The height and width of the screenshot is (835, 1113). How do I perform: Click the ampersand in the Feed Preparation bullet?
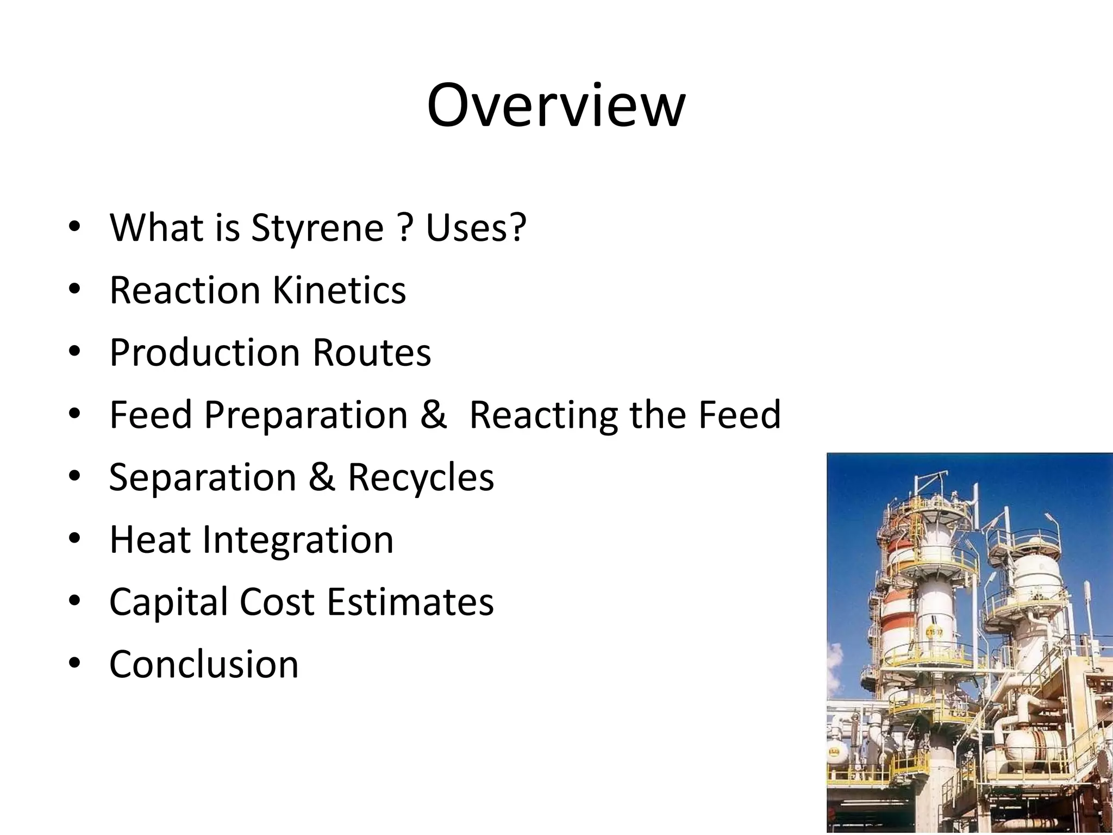point(433,414)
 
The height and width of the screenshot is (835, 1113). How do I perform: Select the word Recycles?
point(421,477)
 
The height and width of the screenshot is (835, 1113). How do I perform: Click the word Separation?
point(203,477)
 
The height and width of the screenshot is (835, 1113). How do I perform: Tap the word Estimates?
point(410,602)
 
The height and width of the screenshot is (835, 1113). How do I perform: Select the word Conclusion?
point(204,664)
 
